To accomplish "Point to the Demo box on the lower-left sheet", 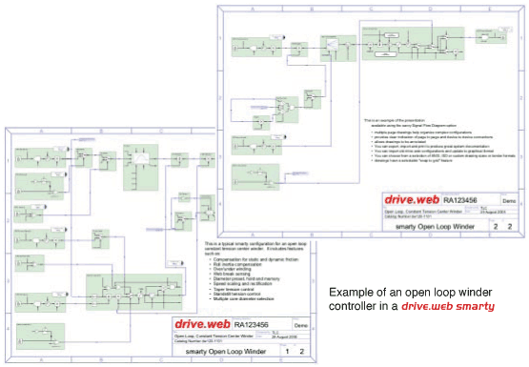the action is point(300,325).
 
